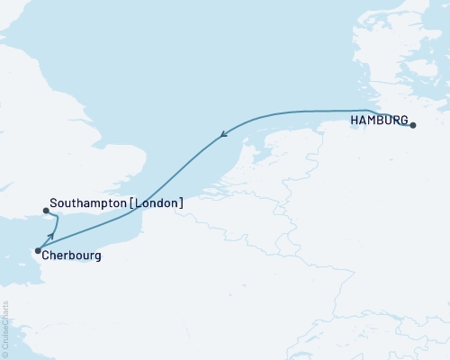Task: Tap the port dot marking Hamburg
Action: click(413, 126)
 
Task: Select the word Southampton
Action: click(89, 203)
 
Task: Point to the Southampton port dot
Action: click(46, 211)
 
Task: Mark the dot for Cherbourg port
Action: click(37, 251)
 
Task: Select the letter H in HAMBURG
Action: click(353, 121)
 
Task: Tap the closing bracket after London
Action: click(182, 203)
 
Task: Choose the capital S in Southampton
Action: click(55, 203)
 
